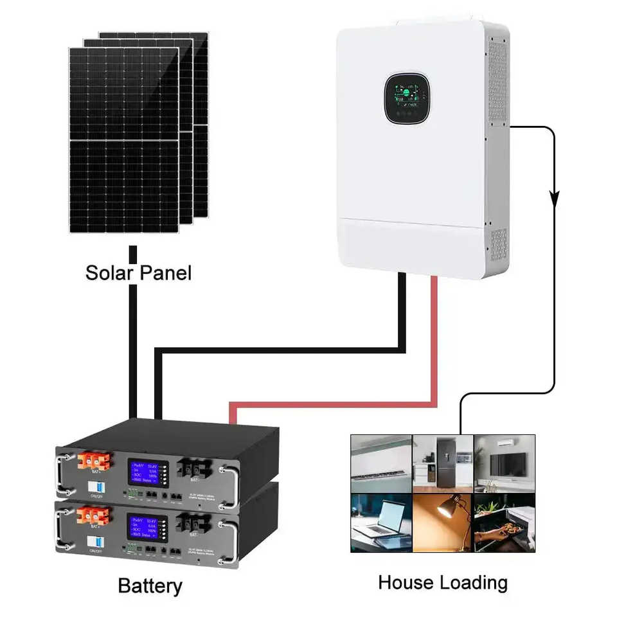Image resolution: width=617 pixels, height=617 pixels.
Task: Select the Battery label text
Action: [x=150, y=586]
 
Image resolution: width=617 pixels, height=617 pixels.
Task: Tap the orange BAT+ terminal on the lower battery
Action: [x=91, y=515]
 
